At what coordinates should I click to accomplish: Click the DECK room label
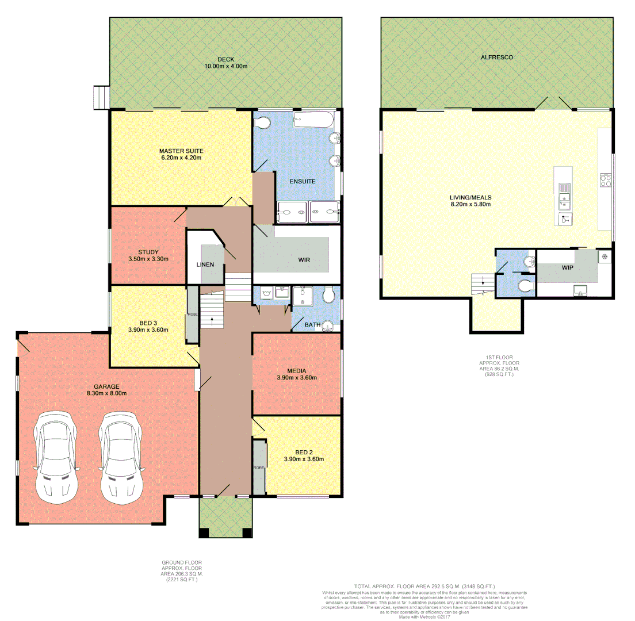click(225, 59)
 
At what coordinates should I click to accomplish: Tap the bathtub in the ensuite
click(312, 121)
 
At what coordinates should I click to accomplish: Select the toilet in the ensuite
click(263, 123)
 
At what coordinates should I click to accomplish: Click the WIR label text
click(304, 260)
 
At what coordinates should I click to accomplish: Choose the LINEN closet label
click(205, 264)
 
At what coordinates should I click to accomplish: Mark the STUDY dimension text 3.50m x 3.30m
click(148, 259)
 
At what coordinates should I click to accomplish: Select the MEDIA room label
click(297, 370)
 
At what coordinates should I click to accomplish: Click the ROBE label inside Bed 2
click(259, 467)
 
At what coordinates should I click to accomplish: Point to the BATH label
click(312, 325)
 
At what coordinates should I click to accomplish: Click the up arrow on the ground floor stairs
click(213, 320)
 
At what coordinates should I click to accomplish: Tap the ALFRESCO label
click(497, 57)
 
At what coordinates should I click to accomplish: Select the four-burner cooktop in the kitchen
click(606, 180)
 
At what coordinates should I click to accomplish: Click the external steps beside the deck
click(101, 97)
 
